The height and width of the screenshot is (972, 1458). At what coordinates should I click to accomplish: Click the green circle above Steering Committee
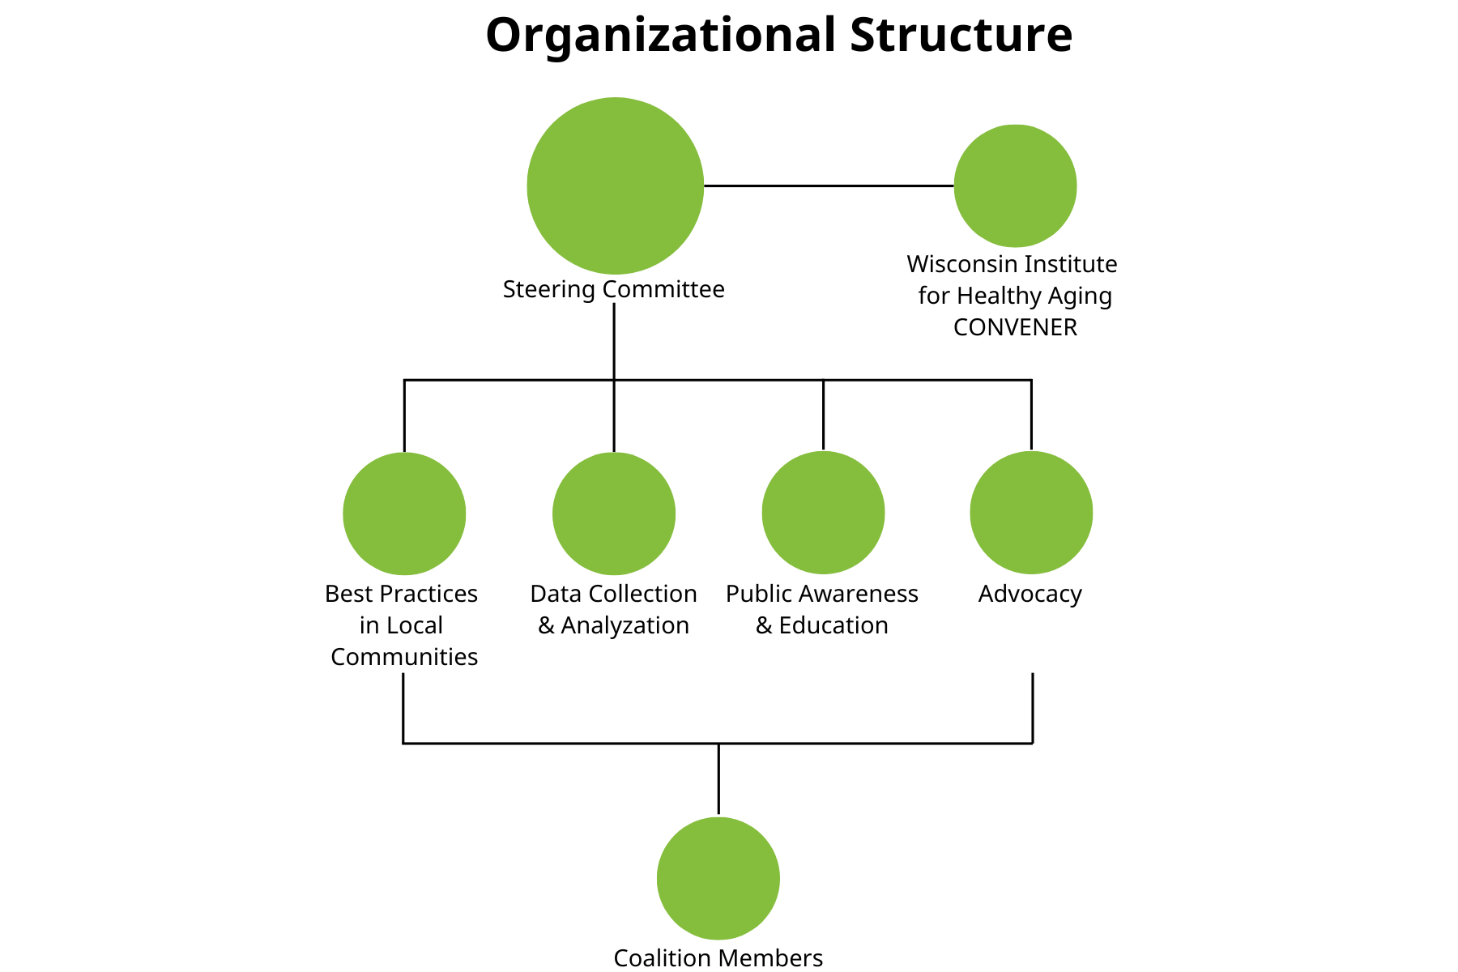tap(615, 185)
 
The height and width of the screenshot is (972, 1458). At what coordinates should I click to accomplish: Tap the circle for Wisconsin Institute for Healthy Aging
tap(1015, 185)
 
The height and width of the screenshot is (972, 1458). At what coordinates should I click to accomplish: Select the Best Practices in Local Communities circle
tap(404, 514)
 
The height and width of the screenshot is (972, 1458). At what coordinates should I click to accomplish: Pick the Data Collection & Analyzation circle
tap(614, 514)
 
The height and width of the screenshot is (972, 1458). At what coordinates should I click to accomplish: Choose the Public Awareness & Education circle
tap(823, 513)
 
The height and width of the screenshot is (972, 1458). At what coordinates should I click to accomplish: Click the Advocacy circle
tap(1031, 513)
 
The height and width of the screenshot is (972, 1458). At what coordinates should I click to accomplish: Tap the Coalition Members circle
tap(718, 878)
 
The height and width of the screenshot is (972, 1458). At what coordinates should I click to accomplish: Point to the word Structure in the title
tap(961, 36)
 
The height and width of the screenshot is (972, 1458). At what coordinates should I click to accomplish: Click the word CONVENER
tap(1015, 327)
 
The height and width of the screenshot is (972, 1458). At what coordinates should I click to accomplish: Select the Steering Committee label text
tap(613, 289)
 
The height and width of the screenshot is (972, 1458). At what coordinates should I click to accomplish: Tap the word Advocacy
tap(1030, 594)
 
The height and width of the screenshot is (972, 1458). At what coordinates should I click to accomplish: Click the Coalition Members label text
tap(718, 958)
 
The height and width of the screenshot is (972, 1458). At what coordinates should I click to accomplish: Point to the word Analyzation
tap(625, 625)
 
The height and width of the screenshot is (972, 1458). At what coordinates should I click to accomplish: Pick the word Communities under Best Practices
tap(404, 657)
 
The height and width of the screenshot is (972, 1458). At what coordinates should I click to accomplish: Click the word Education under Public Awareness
tap(833, 625)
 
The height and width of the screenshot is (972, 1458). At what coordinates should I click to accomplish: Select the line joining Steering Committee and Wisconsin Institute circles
tap(829, 185)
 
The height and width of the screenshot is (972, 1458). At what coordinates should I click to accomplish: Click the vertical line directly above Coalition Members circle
tap(718, 778)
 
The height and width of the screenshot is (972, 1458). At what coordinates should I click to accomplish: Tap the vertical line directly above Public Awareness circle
tap(823, 414)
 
